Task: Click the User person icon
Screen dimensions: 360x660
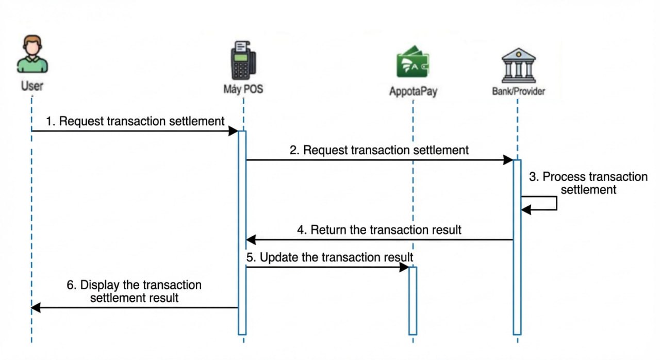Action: coord(32,55)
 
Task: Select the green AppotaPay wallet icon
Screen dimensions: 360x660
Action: coord(412,63)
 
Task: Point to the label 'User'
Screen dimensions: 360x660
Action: coord(32,85)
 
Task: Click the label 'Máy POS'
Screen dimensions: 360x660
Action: coord(243,89)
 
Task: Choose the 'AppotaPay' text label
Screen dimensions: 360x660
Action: coord(412,92)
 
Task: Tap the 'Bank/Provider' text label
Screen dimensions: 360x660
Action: coord(518,92)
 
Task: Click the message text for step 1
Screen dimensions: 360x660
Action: coord(136,121)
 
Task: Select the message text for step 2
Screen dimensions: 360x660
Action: coord(379,150)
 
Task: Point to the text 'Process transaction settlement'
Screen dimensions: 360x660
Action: coord(588,183)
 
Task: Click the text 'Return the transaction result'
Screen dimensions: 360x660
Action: coord(379,230)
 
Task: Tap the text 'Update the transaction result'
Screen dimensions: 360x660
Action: coord(329,257)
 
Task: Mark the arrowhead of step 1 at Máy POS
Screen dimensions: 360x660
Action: coord(233,131)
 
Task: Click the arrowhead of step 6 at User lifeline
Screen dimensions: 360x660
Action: coord(36,308)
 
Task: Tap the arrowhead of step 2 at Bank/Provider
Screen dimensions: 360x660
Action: coord(508,160)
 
